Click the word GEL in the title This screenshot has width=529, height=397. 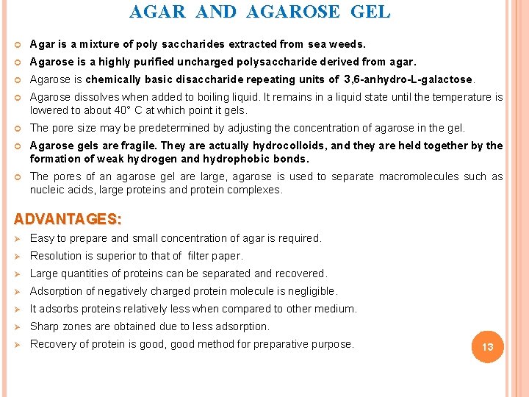point(371,12)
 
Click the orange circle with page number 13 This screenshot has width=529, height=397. point(488,346)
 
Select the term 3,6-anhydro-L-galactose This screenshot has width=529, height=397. point(409,79)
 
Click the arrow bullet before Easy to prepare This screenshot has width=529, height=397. point(18,238)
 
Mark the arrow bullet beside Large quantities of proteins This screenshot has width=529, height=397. point(18,273)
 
